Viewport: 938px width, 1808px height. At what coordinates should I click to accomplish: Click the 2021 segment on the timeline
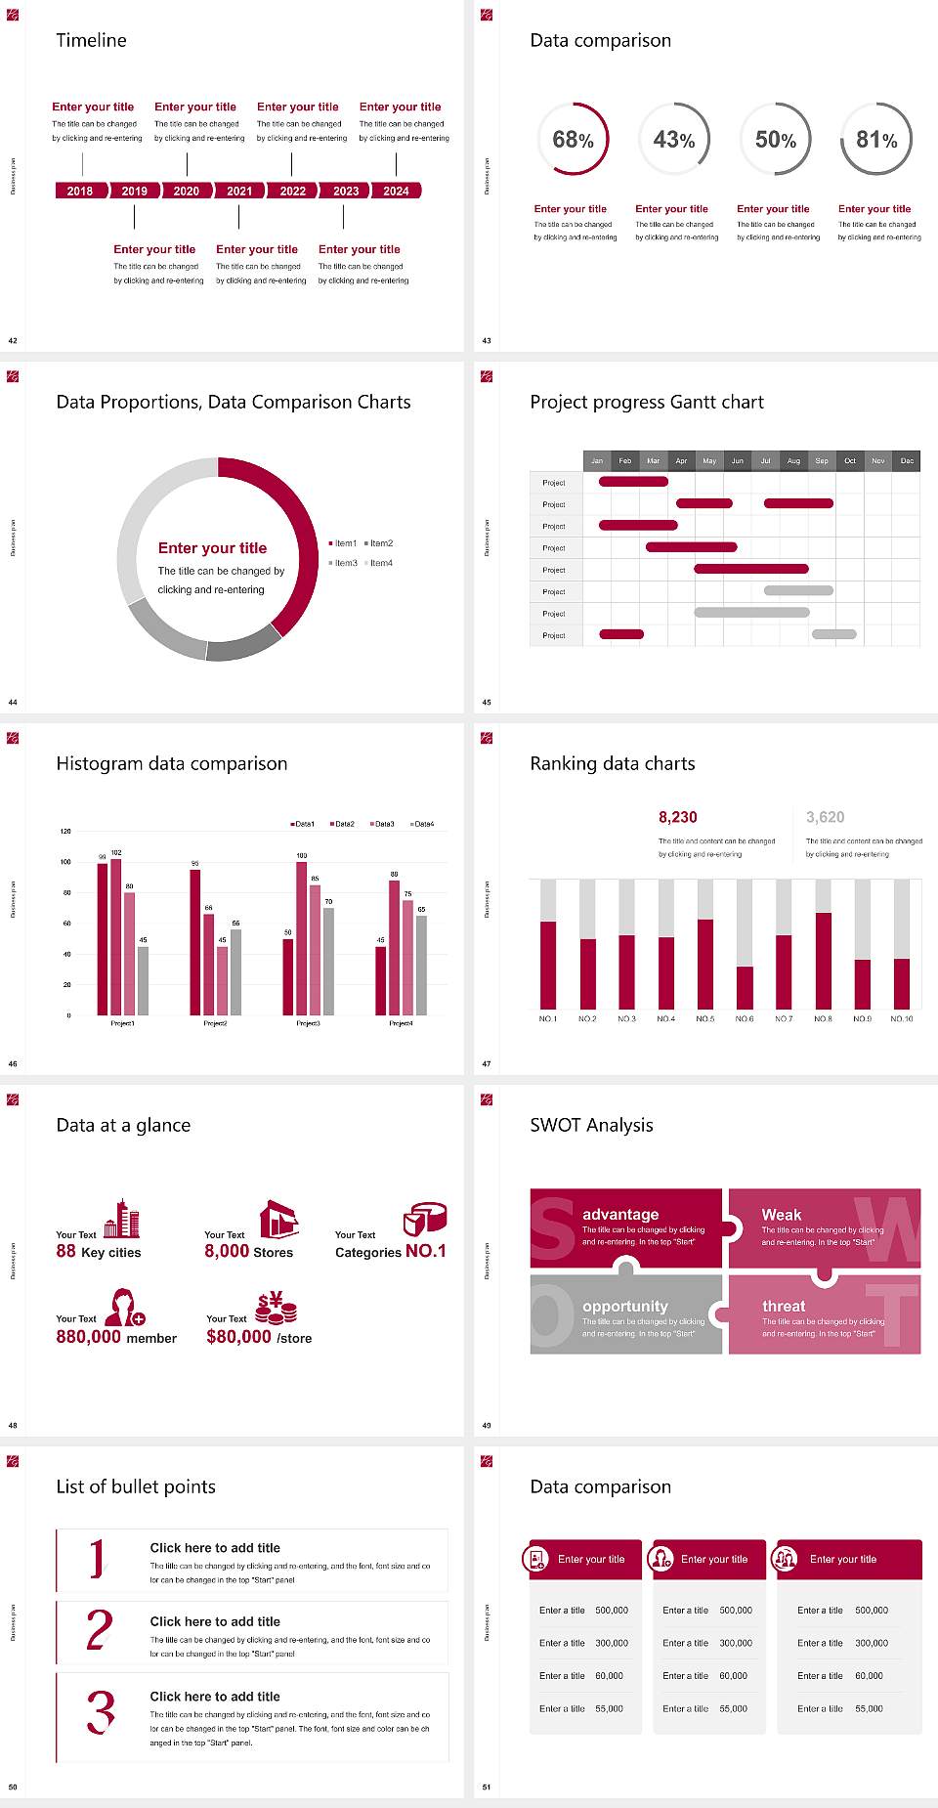coord(239,191)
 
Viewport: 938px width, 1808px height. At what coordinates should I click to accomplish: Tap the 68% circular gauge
coord(573,140)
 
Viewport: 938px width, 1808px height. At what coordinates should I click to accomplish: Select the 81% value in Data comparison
coord(876,140)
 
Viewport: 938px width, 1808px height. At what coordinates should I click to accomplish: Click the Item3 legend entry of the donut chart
coord(344,563)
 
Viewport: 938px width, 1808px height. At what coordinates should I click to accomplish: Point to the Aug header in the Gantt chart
coord(793,460)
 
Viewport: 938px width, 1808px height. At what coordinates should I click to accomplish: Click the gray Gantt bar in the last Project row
coord(833,634)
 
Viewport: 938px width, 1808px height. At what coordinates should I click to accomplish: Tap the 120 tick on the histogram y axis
coord(65,832)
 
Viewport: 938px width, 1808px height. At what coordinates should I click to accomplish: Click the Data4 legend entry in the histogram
coord(421,824)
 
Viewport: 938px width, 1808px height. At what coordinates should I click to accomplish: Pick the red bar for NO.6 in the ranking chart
coord(745,987)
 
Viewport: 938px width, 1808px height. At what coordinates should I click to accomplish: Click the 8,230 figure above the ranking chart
coord(677,817)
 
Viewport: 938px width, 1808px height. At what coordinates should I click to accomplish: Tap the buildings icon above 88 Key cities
coord(122,1219)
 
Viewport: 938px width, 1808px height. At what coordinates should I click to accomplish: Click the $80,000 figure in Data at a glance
coord(238,1337)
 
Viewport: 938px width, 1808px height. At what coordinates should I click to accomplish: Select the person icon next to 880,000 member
coord(124,1307)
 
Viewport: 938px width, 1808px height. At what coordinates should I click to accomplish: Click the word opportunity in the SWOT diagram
coord(624,1306)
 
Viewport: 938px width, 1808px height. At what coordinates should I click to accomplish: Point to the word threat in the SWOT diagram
coord(784,1306)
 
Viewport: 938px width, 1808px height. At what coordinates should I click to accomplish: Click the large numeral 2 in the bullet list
coord(99,1630)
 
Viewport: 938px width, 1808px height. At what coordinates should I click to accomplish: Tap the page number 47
coord(487,1063)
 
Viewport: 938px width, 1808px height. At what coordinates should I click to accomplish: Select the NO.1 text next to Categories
coord(425,1251)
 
